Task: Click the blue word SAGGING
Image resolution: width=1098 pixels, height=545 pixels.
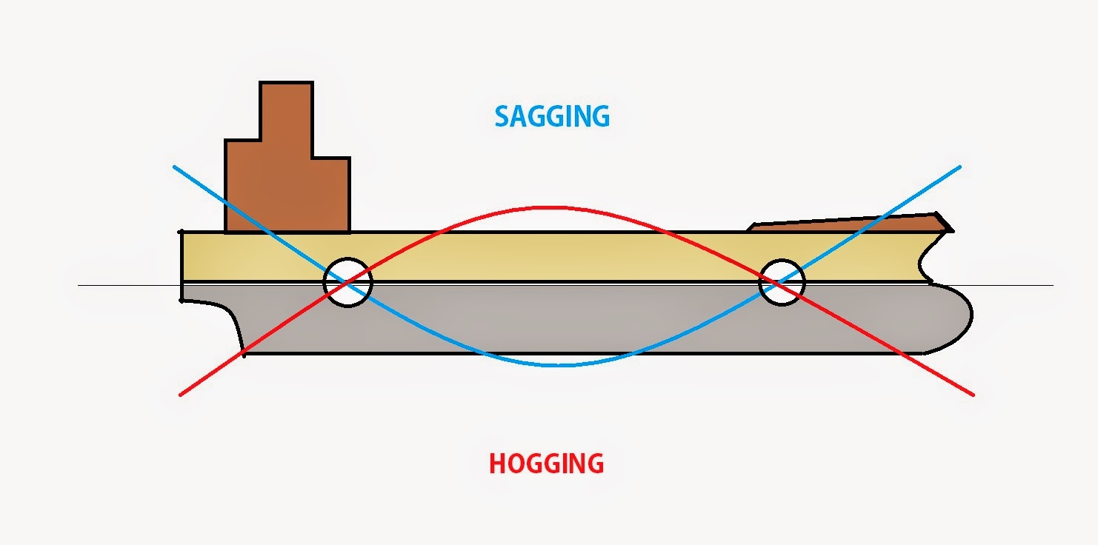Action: pyautogui.click(x=552, y=117)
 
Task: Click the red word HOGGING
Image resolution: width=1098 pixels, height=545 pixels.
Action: pyautogui.click(x=547, y=463)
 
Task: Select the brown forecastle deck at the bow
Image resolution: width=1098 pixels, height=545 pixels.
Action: pyautogui.click(x=851, y=221)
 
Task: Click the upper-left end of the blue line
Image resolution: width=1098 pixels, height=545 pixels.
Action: pyautogui.click(x=174, y=167)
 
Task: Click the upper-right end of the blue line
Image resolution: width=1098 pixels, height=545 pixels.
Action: pyautogui.click(x=959, y=167)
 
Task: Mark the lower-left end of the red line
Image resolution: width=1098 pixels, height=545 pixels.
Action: pyautogui.click(x=180, y=395)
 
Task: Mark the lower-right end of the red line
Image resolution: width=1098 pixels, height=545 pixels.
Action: pyautogui.click(x=973, y=395)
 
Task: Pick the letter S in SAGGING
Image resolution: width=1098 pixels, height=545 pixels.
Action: pyautogui.click(x=502, y=117)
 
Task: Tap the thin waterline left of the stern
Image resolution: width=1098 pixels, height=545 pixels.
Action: pyautogui.click(x=130, y=285)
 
